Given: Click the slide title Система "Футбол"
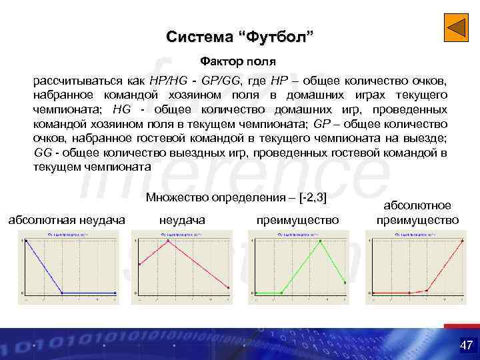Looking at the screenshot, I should pyautogui.click(x=239, y=36).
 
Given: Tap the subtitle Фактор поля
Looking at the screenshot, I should pyautogui.click(x=240, y=62).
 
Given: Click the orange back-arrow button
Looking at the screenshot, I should pyautogui.click(x=457, y=29).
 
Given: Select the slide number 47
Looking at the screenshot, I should pyautogui.click(x=465, y=345).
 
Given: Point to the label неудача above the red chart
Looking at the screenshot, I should pyautogui.click(x=183, y=219).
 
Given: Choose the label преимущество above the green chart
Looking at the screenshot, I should pyautogui.click(x=297, y=219).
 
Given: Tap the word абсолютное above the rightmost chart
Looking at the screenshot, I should pyautogui.click(x=417, y=206).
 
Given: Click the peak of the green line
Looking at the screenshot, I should pyautogui.click(x=321, y=241).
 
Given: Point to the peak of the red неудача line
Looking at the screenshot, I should pyautogui.click(x=169, y=241).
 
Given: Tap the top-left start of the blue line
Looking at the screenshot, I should pyautogui.click(x=26, y=241).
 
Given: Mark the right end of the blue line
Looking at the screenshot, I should pyautogui.click(x=115, y=293).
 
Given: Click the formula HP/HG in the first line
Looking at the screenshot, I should pyautogui.click(x=169, y=80).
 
